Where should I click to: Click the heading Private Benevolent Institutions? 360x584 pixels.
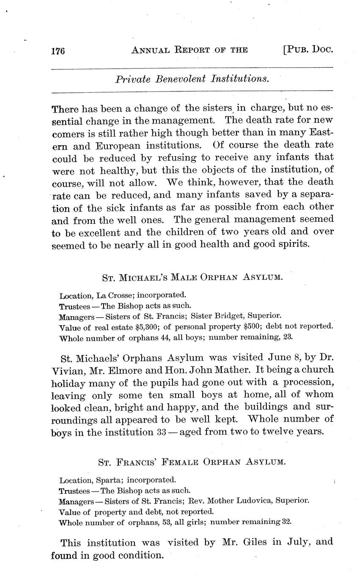[x=192, y=79]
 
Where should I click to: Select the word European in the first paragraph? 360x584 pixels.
[x=118, y=146]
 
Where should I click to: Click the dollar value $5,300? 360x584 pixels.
[x=147, y=327]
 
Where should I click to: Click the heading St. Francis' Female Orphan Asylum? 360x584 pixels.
[x=192, y=463]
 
